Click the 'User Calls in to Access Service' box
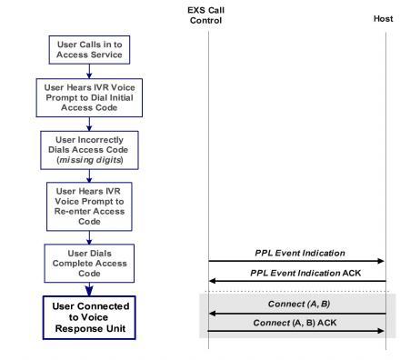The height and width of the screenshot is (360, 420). point(89,48)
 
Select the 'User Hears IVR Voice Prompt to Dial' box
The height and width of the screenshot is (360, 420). point(89,97)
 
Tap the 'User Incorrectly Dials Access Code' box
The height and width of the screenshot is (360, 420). point(89,149)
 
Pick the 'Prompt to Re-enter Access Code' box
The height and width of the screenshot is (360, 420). point(89,205)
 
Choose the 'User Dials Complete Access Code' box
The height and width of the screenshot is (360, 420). point(89,262)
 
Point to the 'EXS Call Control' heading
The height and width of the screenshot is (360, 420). point(208,14)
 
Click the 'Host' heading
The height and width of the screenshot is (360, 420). point(384,19)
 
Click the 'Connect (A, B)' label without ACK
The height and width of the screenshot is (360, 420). point(297,303)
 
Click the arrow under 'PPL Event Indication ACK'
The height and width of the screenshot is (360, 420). point(296,281)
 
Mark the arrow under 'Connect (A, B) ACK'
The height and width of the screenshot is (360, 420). point(296,331)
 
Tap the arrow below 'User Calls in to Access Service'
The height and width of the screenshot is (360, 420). point(89,68)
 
